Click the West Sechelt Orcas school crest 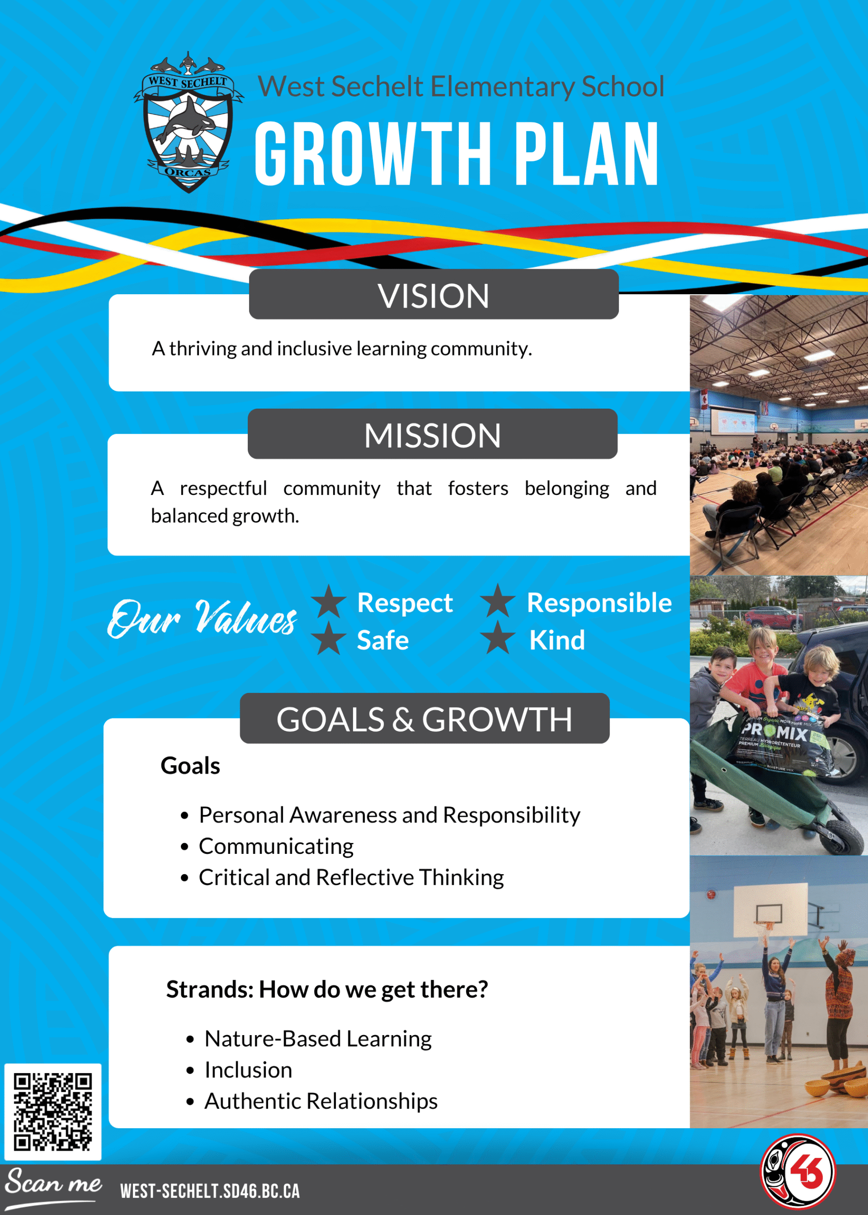pos(188,122)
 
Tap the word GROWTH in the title pos(373,153)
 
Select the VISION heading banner pos(433,295)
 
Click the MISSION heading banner pos(432,434)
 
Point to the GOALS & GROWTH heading pos(424,719)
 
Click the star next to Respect pos(329,601)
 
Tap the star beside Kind pos(498,637)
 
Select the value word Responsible pos(599,603)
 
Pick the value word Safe pos(383,640)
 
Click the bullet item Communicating pos(276,846)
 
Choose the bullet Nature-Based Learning pos(318,1038)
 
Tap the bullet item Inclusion pos(249,1070)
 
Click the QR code pos(52,1112)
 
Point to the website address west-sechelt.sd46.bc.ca pos(210,1191)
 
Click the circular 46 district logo pos(798,1171)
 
